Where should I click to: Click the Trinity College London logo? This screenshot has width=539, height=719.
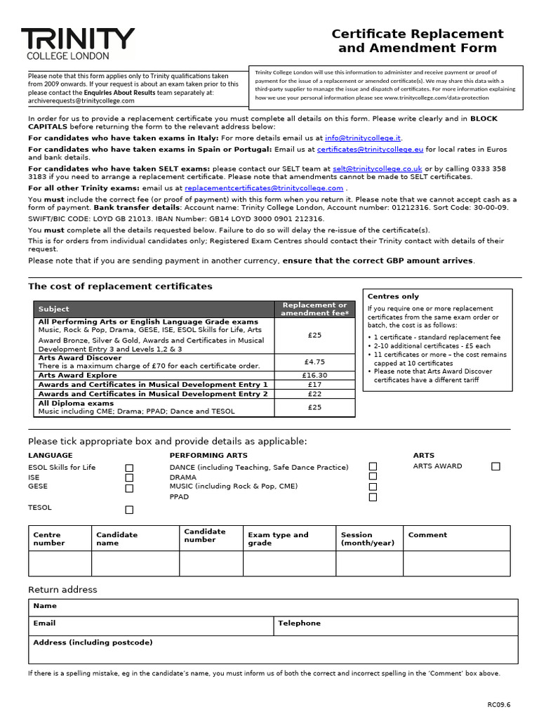(77, 44)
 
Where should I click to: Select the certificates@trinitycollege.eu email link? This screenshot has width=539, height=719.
(370, 150)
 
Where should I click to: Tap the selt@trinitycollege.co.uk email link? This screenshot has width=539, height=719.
(378, 169)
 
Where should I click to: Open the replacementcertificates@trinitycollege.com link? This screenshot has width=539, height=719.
(263, 188)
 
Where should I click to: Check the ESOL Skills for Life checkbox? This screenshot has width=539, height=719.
(129, 468)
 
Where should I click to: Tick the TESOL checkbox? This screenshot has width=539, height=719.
(129, 510)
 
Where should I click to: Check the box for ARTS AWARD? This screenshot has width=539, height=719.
(495, 466)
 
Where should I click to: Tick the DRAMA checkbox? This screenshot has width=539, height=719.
(373, 477)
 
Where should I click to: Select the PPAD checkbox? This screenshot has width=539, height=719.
(373, 497)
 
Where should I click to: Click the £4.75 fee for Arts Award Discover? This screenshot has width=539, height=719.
(314, 362)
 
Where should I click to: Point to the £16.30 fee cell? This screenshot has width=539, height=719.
(314, 376)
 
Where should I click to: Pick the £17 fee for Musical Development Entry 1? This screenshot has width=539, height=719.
(314, 385)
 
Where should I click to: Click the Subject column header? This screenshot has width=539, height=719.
(54, 309)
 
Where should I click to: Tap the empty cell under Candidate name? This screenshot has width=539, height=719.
(135, 564)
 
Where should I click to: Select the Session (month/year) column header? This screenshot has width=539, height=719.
(367, 539)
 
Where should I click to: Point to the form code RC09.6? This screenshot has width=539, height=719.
(500, 704)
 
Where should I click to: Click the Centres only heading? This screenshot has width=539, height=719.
(393, 296)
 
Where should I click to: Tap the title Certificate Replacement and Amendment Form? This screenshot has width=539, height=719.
(417, 41)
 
